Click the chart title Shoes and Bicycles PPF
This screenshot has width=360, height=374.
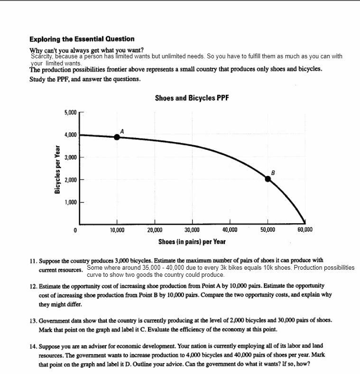[x=192, y=98]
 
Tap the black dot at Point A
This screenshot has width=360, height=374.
[x=117, y=137]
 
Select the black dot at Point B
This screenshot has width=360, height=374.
[x=268, y=179]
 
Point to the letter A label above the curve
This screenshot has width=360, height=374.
[x=122, y=130]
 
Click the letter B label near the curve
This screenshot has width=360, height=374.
[x=273, y=172]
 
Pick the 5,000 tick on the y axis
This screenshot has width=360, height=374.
[x=70, y=112]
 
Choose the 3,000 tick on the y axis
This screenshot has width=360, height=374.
[x=70, y=157]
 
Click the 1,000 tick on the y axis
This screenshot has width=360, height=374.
[x=70, y=202]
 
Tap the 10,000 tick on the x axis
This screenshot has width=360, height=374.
[x=117, y=230]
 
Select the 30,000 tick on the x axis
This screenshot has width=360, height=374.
[x=192, y=230]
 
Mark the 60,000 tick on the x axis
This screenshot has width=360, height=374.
[x=305, y=230]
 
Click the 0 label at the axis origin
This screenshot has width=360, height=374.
[x=75, y=230]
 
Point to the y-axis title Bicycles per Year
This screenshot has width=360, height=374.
[x=57, y=169]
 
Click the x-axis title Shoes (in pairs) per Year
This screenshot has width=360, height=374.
[x=192, y=242]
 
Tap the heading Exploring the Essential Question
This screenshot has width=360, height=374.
[x=82, y=39]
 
